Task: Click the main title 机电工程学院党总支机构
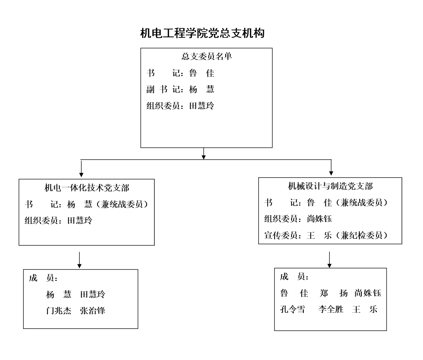202,33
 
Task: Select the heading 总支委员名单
207,56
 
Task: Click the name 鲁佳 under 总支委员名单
202,73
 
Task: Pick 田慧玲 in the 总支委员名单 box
202,106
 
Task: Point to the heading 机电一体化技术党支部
87,188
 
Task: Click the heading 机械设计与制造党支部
330,186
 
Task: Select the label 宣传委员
281,235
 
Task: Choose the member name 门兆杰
59,311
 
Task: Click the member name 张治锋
93,311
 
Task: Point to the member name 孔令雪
292,309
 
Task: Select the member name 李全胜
331,309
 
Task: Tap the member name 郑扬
334,293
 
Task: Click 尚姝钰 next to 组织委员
319,219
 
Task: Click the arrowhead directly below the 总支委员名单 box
204,157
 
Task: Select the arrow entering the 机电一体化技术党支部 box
81,169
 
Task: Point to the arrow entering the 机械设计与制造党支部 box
331,167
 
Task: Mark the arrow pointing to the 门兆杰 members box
79,260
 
